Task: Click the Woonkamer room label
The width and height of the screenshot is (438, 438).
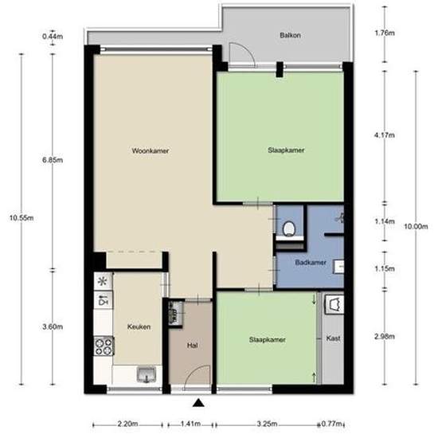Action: (x=151, y=151)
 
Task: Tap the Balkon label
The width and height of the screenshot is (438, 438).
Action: (x=290, y=36)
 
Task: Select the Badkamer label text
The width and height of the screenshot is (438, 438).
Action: (x=311, y=263)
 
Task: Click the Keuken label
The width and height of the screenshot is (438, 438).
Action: (x=139, y=327)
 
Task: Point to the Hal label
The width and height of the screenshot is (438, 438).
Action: (x=192, y=346)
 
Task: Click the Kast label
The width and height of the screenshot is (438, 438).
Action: (x=333, y=338)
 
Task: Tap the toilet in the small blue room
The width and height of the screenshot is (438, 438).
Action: (x=289, y=229)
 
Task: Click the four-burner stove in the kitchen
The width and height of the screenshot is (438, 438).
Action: (x=104, y=346)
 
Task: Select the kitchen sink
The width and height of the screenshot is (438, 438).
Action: (x=147, y=375)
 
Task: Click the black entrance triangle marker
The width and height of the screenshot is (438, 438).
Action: (x=198, y=403)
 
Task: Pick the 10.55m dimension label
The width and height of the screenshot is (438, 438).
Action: (x=22, y=218)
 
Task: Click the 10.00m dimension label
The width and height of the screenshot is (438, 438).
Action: (x=416, y=226)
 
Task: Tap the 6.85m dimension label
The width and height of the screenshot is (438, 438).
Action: (x=53, y=160)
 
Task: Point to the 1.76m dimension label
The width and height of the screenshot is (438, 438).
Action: (x=385, y=33)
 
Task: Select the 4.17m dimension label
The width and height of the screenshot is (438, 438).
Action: (x=385, y=135)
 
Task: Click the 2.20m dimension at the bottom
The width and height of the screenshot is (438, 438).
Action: (x=127, y=424)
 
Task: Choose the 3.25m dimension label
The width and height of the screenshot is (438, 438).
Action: (x=267, y=424)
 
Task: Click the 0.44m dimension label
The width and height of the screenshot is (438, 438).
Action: (x=53, y=37)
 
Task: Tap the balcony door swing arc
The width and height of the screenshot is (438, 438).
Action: (x=248, y=49)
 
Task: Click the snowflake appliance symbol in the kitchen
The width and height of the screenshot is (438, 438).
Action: (x=103, y=281)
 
